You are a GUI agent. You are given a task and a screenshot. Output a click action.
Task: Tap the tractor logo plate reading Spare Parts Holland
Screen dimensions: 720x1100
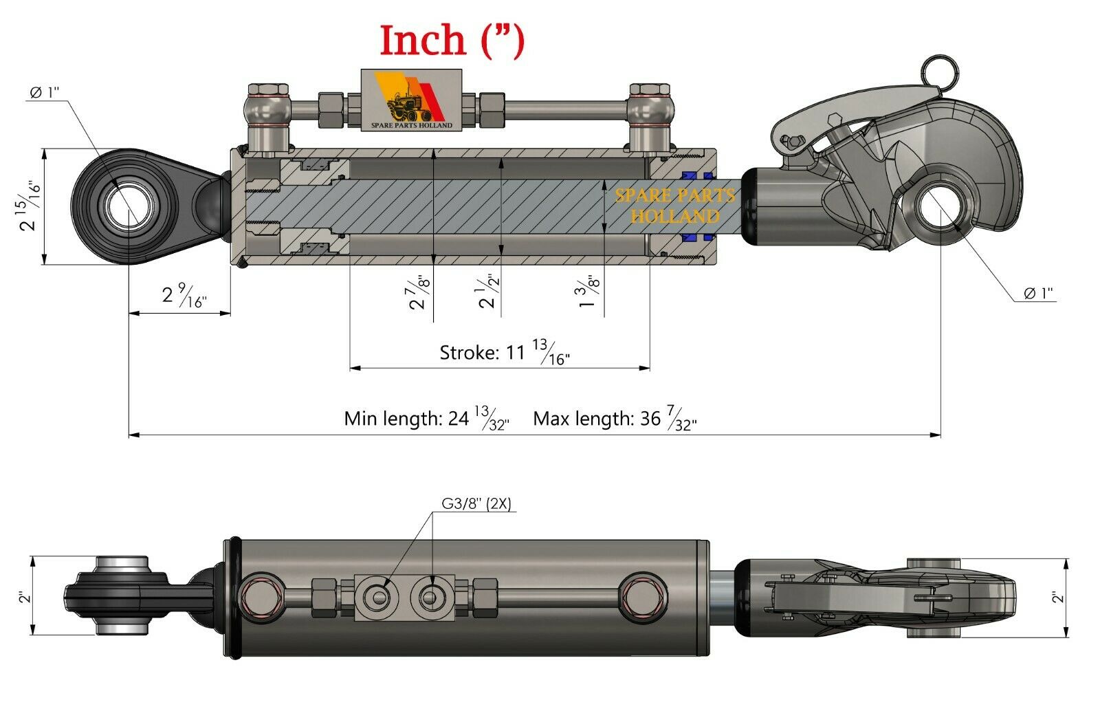point(411,100)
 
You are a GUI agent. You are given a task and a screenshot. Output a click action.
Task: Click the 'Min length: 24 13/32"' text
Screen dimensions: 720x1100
point(426,419)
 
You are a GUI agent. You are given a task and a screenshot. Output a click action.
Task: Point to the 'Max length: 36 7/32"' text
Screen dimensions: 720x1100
point(614,419)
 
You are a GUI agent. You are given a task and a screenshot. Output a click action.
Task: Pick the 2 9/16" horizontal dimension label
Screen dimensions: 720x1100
point(184,296)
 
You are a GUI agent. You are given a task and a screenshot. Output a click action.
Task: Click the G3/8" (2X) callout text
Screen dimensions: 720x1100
point(476,504)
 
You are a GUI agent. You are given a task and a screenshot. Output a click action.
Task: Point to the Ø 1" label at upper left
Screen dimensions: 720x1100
point(45,93)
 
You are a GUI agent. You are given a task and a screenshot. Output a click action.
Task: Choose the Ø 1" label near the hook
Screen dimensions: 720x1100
point(1038,294)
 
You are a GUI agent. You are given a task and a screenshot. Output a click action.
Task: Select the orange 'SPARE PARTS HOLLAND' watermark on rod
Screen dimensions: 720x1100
point(674,206)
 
